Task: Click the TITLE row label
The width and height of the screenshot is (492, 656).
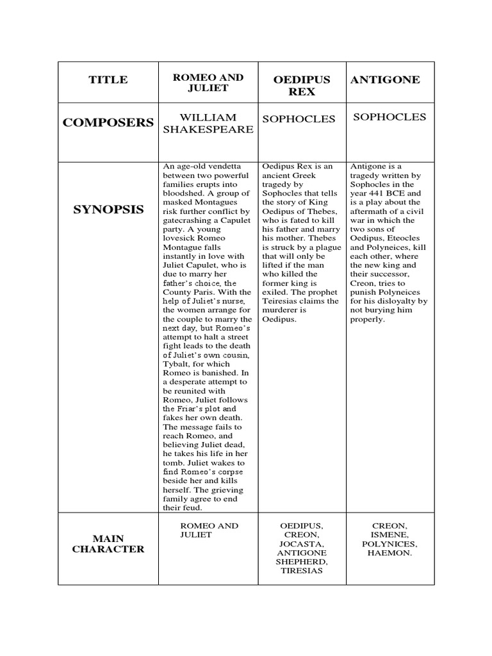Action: (108, 80)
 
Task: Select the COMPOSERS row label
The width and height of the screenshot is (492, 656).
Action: (108, 123)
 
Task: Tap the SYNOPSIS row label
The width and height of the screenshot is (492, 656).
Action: (108, 209)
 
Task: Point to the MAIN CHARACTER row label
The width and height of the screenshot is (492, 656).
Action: (108, 543)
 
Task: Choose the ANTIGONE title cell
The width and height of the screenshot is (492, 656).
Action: (385, 80)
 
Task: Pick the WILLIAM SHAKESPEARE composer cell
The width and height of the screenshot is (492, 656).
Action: (208, 123)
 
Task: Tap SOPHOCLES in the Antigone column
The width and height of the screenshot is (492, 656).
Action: (389, 117)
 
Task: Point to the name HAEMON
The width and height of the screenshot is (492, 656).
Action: (389, 553)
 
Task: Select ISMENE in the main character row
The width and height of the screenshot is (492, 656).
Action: (389, 535)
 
